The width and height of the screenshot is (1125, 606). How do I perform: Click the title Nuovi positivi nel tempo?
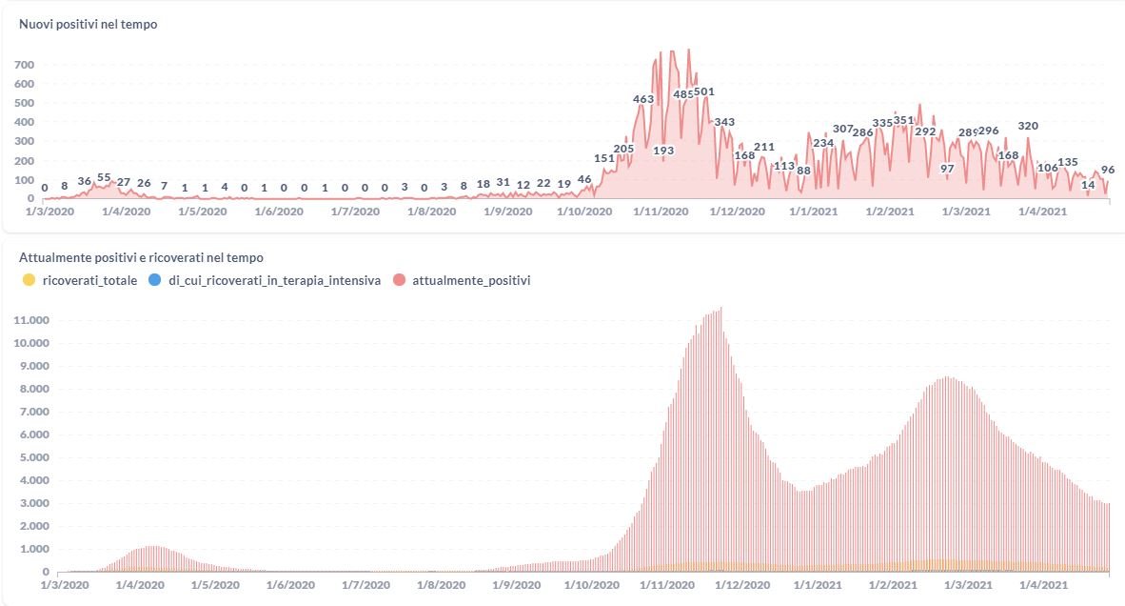tap(88, 25)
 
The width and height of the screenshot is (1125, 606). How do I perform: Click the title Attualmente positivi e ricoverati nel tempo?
tap(141, 257)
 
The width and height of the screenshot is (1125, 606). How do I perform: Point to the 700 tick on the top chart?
tap(24, 65)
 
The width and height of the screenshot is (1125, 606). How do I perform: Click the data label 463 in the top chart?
tap(643, 99)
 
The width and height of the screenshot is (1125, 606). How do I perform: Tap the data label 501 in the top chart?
tap(704, 92)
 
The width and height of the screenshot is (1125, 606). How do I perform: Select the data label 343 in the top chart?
tap(724, 122)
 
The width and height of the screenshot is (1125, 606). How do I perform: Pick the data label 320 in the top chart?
tap(1028, 126)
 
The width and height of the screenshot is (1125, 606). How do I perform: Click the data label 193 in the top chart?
tap(663, 151)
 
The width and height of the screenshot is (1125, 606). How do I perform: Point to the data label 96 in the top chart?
tap(1107, 171)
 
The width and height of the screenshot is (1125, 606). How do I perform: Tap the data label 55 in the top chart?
tap(104, 178)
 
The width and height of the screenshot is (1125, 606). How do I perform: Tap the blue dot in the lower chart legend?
tap(155, 280)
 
